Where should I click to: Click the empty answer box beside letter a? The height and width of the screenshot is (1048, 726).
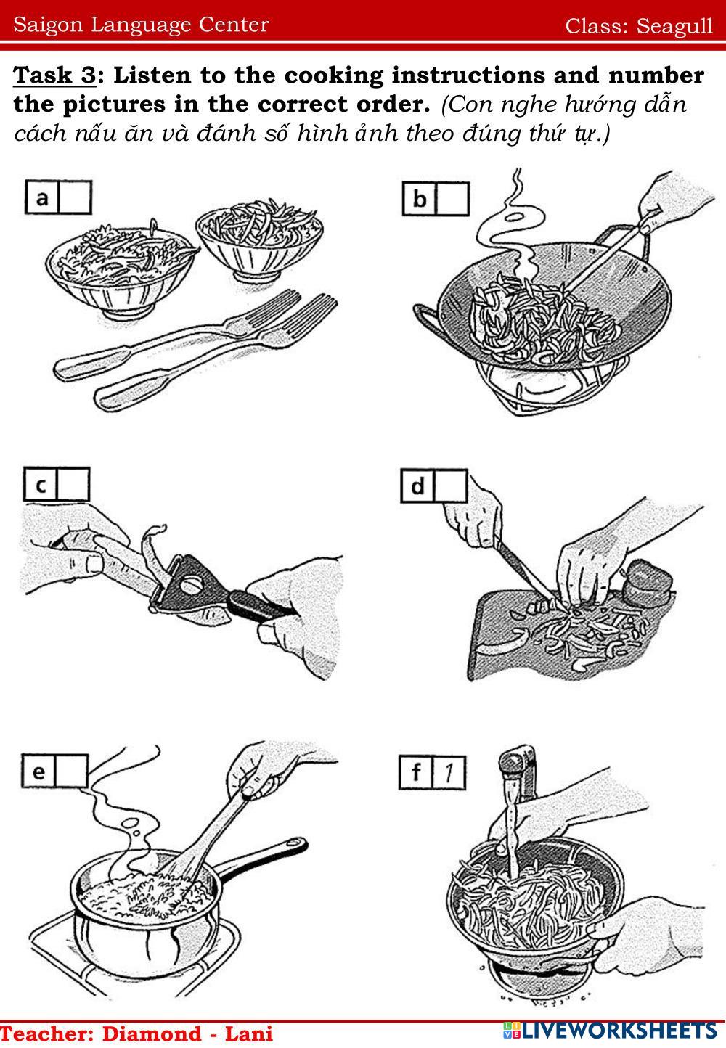coord(75,197)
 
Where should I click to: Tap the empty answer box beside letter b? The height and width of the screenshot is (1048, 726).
coord(452,199)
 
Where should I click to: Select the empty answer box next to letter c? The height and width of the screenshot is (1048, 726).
coord(73,484)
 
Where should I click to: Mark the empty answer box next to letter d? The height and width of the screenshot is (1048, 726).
coord(451,486)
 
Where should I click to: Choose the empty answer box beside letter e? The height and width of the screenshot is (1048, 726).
coord(71,771)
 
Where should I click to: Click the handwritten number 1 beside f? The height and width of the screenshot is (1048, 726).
coord(449,772)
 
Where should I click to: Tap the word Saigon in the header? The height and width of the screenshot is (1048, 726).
coord(48,25)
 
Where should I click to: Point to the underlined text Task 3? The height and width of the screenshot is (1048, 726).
coord(54,75)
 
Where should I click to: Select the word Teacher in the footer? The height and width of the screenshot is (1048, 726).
coord(46,1034)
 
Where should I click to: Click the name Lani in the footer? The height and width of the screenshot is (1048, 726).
coord(249,1034)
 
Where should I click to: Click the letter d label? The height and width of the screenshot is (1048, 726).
coord(417,486)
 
